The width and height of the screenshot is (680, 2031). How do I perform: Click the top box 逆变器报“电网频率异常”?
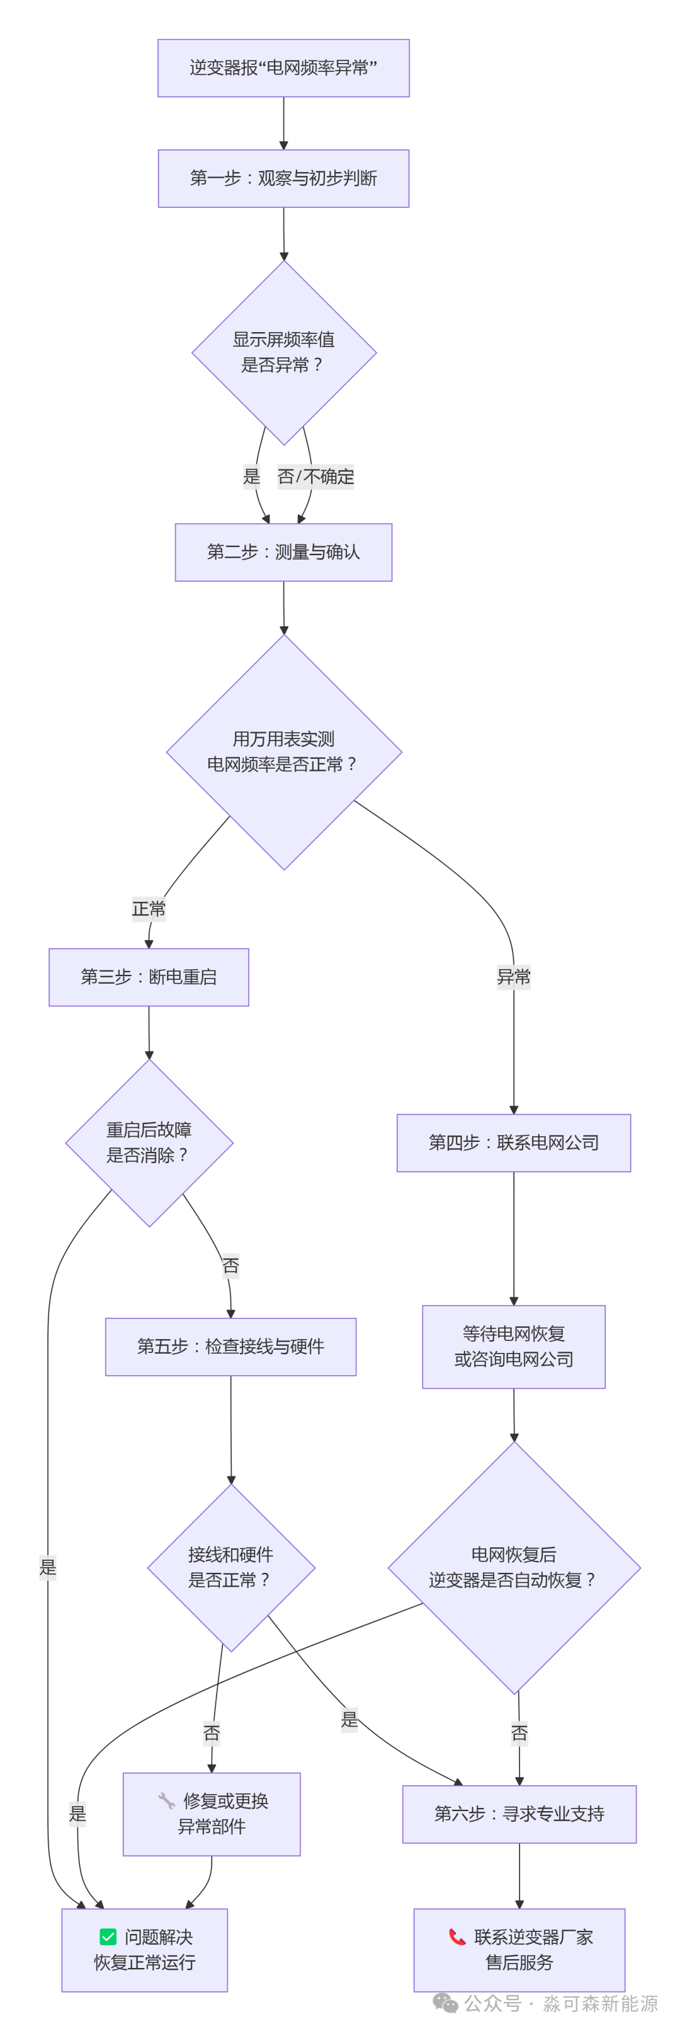[284, 68]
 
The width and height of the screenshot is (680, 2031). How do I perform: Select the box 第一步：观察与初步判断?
[284, 178]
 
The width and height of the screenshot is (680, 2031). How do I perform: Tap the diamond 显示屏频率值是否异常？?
[284, 352]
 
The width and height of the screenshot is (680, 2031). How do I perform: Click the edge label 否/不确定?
[316, 476]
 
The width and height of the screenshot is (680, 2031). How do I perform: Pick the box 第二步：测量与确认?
[284, 552]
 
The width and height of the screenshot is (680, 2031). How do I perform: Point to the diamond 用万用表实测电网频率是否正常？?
[284, 752]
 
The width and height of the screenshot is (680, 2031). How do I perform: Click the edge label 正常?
[149, 909]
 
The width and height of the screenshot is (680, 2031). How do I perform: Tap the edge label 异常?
[514, 977]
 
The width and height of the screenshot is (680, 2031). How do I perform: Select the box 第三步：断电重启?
[149, 977]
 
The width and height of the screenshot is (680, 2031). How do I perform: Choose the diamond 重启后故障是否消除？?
[149, 1142]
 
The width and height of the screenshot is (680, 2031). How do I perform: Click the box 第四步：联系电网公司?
[514, 1142]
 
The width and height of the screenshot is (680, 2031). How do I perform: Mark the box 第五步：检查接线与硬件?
[231, 1347]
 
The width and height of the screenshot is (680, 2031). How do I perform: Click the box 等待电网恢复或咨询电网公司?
[514, 1347]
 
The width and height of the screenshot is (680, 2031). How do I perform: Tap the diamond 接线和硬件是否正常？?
[231, 1567]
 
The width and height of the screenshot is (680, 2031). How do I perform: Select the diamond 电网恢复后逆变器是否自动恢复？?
[514, 1567]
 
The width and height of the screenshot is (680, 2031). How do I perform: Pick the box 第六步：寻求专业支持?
[519, 1814]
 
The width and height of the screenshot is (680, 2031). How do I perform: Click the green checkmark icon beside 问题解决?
[108, 1936]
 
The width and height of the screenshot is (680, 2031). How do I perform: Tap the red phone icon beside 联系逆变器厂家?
[457, 1936]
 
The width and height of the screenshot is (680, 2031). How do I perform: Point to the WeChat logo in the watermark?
[445, 2003]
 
